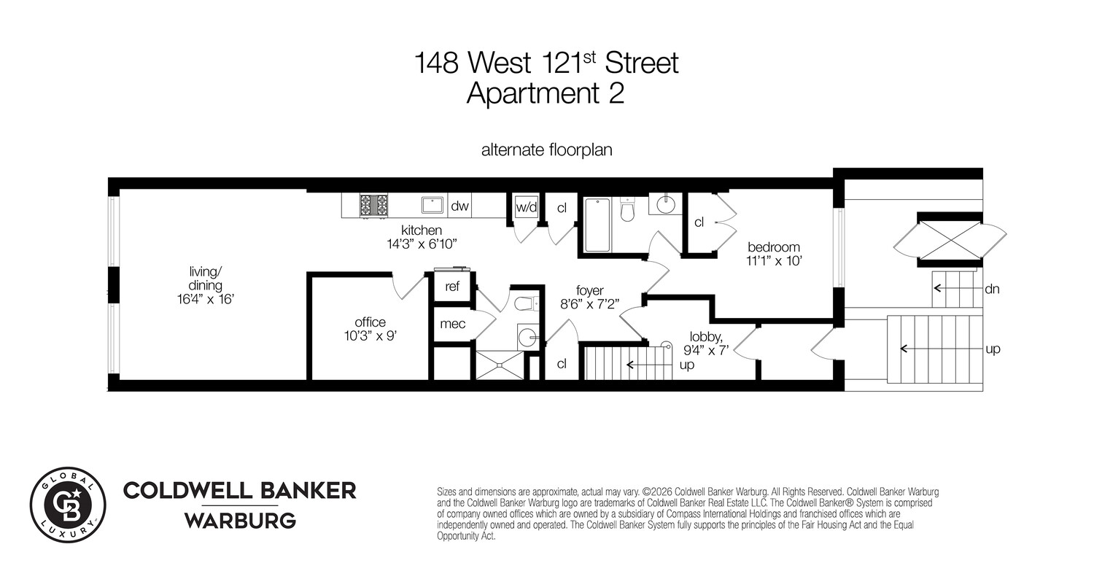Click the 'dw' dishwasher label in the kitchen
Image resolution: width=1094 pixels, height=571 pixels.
click(459, 206)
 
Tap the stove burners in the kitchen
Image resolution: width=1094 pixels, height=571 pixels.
click(374, 205)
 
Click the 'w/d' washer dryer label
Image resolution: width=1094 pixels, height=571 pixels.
click(527, 207)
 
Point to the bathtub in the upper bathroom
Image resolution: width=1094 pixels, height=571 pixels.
click(597, 225)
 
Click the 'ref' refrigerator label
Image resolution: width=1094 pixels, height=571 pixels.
click(452, 287)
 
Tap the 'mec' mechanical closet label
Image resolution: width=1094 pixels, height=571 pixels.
click(452, 324)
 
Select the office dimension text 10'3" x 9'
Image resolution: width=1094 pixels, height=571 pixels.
click(371, 336)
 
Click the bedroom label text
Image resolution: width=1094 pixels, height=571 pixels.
click(774, 246)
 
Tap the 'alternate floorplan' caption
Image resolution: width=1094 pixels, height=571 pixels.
click(546, 150)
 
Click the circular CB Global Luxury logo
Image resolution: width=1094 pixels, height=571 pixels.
click(68, 505)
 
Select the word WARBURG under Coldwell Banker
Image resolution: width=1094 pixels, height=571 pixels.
click(239, 521)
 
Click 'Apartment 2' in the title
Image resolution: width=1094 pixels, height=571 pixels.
click(546, 93)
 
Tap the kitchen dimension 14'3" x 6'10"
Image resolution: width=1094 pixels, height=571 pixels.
click(422, 244)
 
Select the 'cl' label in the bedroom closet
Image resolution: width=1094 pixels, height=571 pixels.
click(699, 222)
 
